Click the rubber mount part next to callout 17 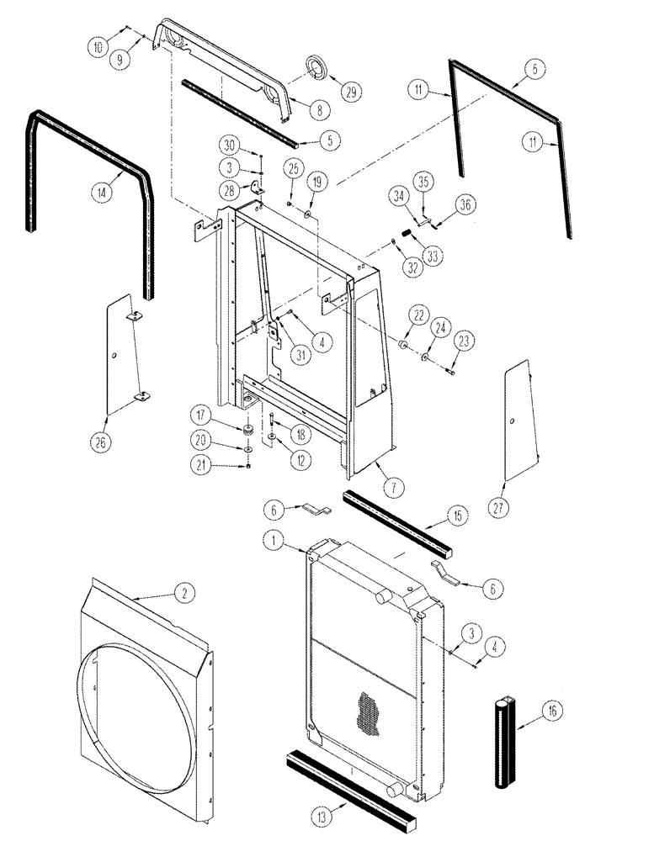[x=249, y=431]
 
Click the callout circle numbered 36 [x=465, y=204]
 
